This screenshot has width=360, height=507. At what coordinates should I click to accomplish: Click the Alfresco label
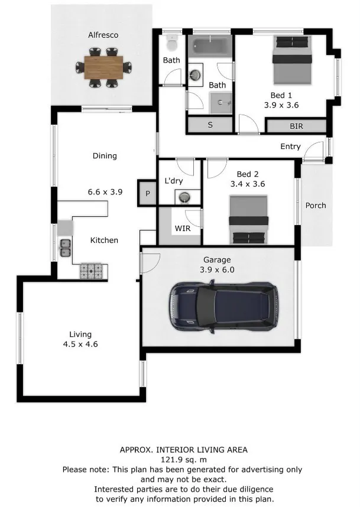103,35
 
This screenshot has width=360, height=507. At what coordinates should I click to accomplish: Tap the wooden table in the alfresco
103,67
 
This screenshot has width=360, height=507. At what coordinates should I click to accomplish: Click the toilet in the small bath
172,43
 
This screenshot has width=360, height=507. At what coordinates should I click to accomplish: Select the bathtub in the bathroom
210,45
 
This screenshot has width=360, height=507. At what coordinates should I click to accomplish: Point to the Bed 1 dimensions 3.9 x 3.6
281,105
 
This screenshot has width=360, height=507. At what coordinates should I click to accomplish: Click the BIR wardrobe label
296,126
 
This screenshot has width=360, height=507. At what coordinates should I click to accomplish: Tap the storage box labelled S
210,125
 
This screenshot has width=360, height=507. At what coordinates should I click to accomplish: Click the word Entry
290,147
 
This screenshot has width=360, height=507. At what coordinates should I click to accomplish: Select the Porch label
316,205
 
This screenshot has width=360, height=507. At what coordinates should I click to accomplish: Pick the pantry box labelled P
148,193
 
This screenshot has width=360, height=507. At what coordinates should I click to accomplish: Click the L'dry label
174,181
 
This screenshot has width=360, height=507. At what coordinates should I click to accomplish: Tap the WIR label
183,228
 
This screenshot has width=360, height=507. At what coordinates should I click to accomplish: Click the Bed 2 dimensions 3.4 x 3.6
248,184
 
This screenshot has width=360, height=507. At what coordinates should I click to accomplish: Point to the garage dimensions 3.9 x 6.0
217,269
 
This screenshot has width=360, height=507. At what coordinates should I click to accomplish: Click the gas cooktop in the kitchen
91,271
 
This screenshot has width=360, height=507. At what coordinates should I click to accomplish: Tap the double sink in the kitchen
65,248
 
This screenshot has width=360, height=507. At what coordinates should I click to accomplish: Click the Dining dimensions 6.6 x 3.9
105,192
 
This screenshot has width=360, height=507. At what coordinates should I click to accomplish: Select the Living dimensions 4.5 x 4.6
80,344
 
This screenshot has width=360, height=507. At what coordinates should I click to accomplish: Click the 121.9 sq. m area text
184,460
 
